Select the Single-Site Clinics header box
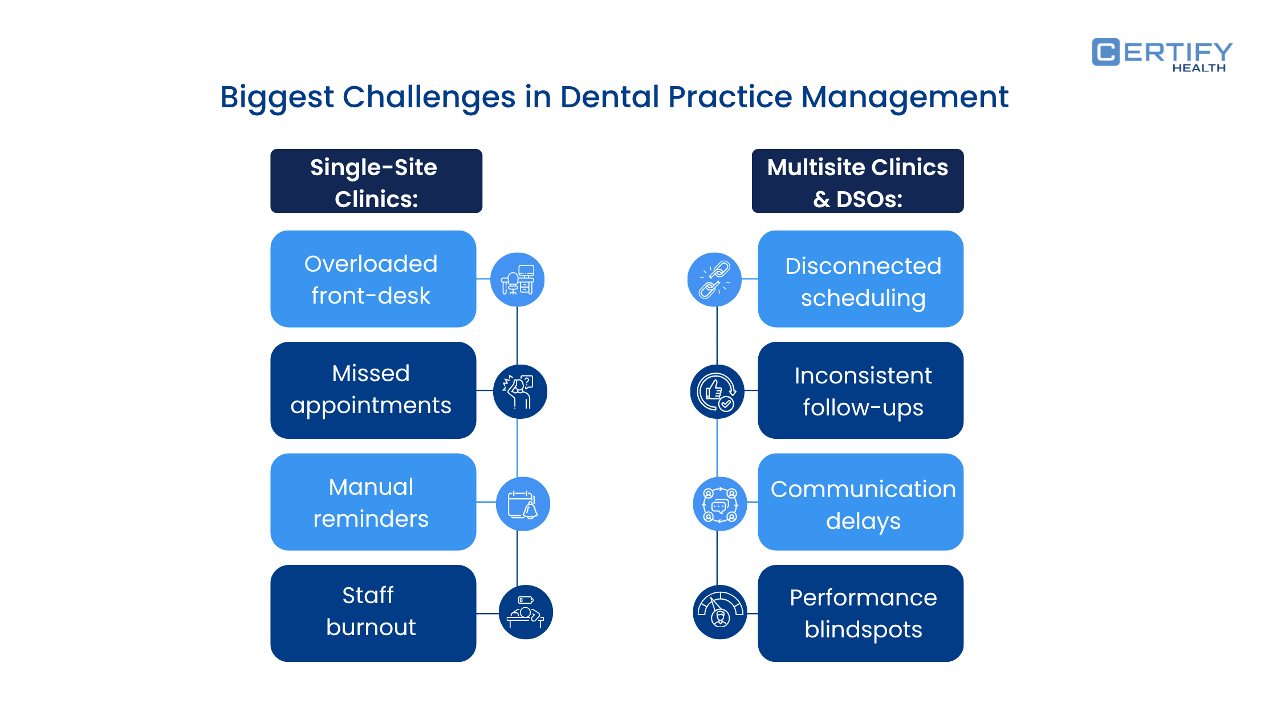click(x=376, y=181)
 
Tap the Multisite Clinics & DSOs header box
click(x=857, y=181)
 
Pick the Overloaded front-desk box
click(x=373, y=279)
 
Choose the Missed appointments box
click(x=373, y=390)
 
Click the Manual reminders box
click(x=373, y=502)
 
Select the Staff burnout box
click(x=373, y=613)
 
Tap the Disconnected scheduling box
click(x=860, y=279)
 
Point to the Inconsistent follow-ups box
click(x=860, y=390)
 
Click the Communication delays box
click(x=860, y=502)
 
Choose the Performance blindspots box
click(x=860, y=613)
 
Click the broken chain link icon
click(x=714, y=280)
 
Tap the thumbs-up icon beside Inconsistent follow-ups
click(x=717, y=391)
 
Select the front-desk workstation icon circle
click(x=517, y=280)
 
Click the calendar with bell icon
click(x=523, y=504)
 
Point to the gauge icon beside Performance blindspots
click(x=720, y=612)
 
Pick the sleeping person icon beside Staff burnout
click(x=526, y=612)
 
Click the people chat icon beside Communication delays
click(x=720, y=504)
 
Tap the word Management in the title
click(x=905, y=97)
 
